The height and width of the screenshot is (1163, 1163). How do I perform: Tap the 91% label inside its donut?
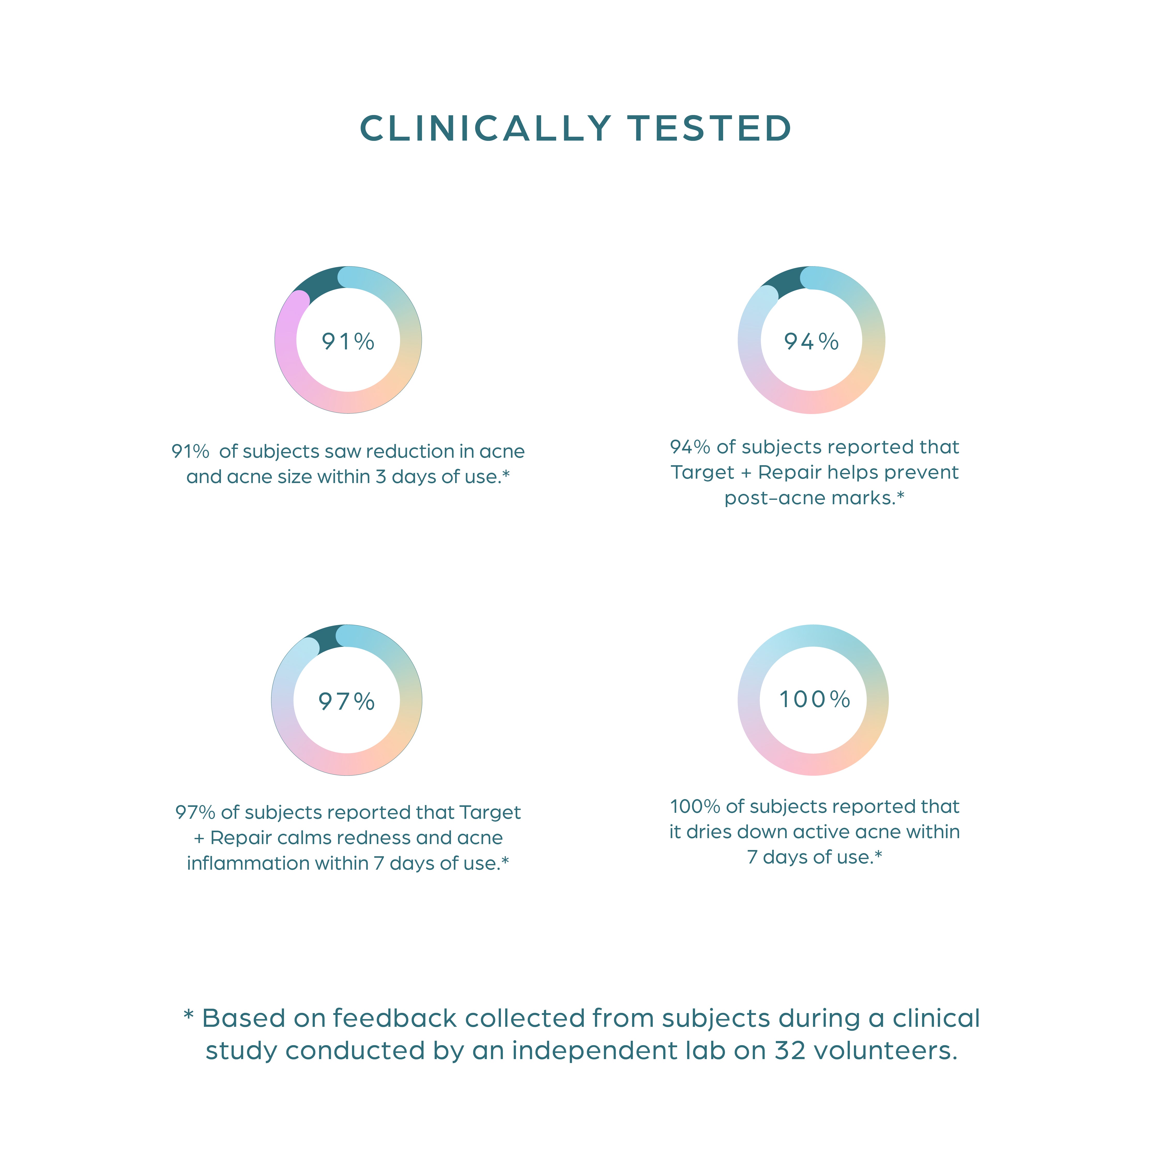(348, 342)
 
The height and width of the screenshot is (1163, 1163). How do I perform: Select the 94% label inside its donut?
(812, 342)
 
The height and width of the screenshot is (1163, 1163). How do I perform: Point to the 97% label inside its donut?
(347, 701)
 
